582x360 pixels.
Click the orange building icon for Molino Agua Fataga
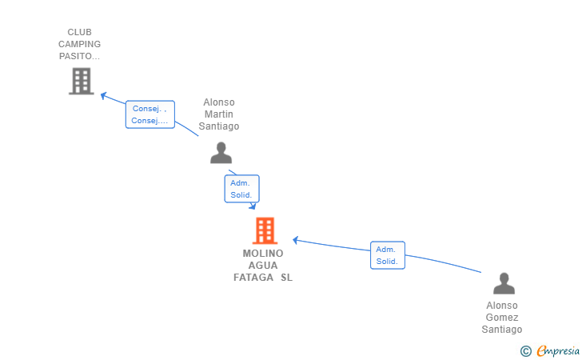tap(265, 230)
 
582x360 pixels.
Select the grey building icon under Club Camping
tap(82, 81)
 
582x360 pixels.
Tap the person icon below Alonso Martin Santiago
tap(221, 153)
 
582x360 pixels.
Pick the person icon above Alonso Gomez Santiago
tap(504, 283)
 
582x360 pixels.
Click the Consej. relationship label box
tap(150, 114)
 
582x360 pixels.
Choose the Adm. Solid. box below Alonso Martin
tap(241, 189)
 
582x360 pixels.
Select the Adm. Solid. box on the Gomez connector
tap(388, 255)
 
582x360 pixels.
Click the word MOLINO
tap(263, 254)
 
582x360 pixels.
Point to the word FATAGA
tap(253, 278)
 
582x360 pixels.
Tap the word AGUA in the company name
tap(263, 266)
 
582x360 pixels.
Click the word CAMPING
tap(79, 44)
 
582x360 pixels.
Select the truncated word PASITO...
tap(79, 56)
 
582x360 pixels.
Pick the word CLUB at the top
tap(79, 32)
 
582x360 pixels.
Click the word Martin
tap(219, 114)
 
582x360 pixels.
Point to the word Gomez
tap(502, 318)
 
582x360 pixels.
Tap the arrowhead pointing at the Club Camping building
tap(104, 95)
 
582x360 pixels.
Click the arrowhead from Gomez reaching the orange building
tap(296, 240)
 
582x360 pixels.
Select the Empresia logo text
tap(558, 350)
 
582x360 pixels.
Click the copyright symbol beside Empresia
tap(526, 351)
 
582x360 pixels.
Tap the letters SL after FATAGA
tap(286, 278)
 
